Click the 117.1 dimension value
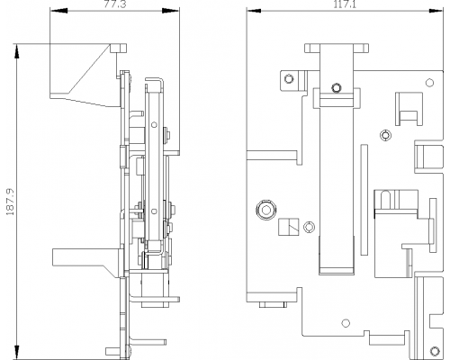click(345, 4)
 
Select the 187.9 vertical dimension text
click(11, 202)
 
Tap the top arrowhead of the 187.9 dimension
click(17, 51)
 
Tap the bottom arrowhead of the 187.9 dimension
click(17, 352)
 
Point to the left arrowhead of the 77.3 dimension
click(59, 11)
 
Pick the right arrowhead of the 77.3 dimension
click(171, 11)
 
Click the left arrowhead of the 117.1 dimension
click(254, 11)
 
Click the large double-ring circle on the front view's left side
click(265, 210)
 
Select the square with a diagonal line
click(289, 227)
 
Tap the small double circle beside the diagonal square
click(310, 227)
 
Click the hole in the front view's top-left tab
click(289, 79)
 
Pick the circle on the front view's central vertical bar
click(337, 88)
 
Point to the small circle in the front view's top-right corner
click(430, 83)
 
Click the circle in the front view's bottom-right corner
click(435, 351)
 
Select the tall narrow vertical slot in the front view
click(364, 200)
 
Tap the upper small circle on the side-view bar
click(154, 124)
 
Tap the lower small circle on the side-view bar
click(154, 211)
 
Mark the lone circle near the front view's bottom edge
click(346, 323)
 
